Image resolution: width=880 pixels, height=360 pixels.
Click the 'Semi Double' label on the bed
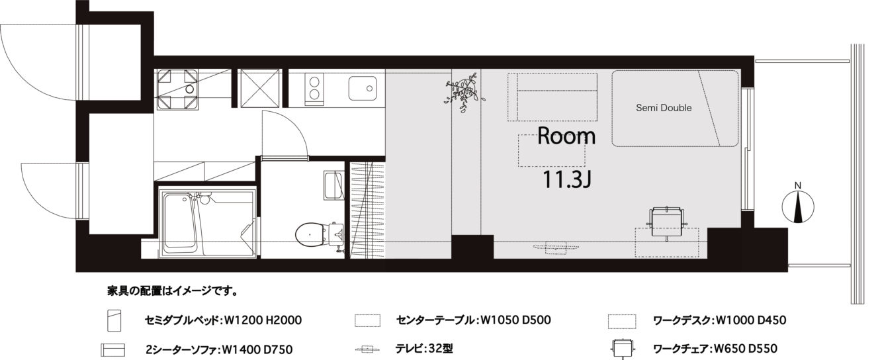(x=664, y=108)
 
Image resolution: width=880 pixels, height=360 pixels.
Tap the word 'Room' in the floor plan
(x=566, y=136)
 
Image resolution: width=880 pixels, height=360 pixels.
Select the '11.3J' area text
(x=567, y=179)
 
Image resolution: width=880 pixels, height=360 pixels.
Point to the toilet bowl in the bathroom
(x=310, y=235)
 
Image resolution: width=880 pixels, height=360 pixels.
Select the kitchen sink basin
(x=362, y=89)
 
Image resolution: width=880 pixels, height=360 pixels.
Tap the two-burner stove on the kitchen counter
(x=314, y=88)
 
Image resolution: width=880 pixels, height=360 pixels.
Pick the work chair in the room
(x=667, y=223)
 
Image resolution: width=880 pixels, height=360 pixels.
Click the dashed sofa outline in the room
(x=552, y=97)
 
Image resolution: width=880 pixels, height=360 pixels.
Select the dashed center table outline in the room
(x=551, y=150)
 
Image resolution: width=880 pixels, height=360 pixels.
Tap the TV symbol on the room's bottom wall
(x=556, y=247)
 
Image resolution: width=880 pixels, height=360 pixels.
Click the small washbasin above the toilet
(x=333, y=185)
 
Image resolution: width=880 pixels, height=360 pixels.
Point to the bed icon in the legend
(x=114, y=320)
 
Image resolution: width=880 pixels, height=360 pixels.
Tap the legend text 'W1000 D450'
(x=751, y=320)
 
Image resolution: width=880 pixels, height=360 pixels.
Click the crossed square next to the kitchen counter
(x=259, y=88)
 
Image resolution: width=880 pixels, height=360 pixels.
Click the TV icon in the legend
(x=367, y=349)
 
